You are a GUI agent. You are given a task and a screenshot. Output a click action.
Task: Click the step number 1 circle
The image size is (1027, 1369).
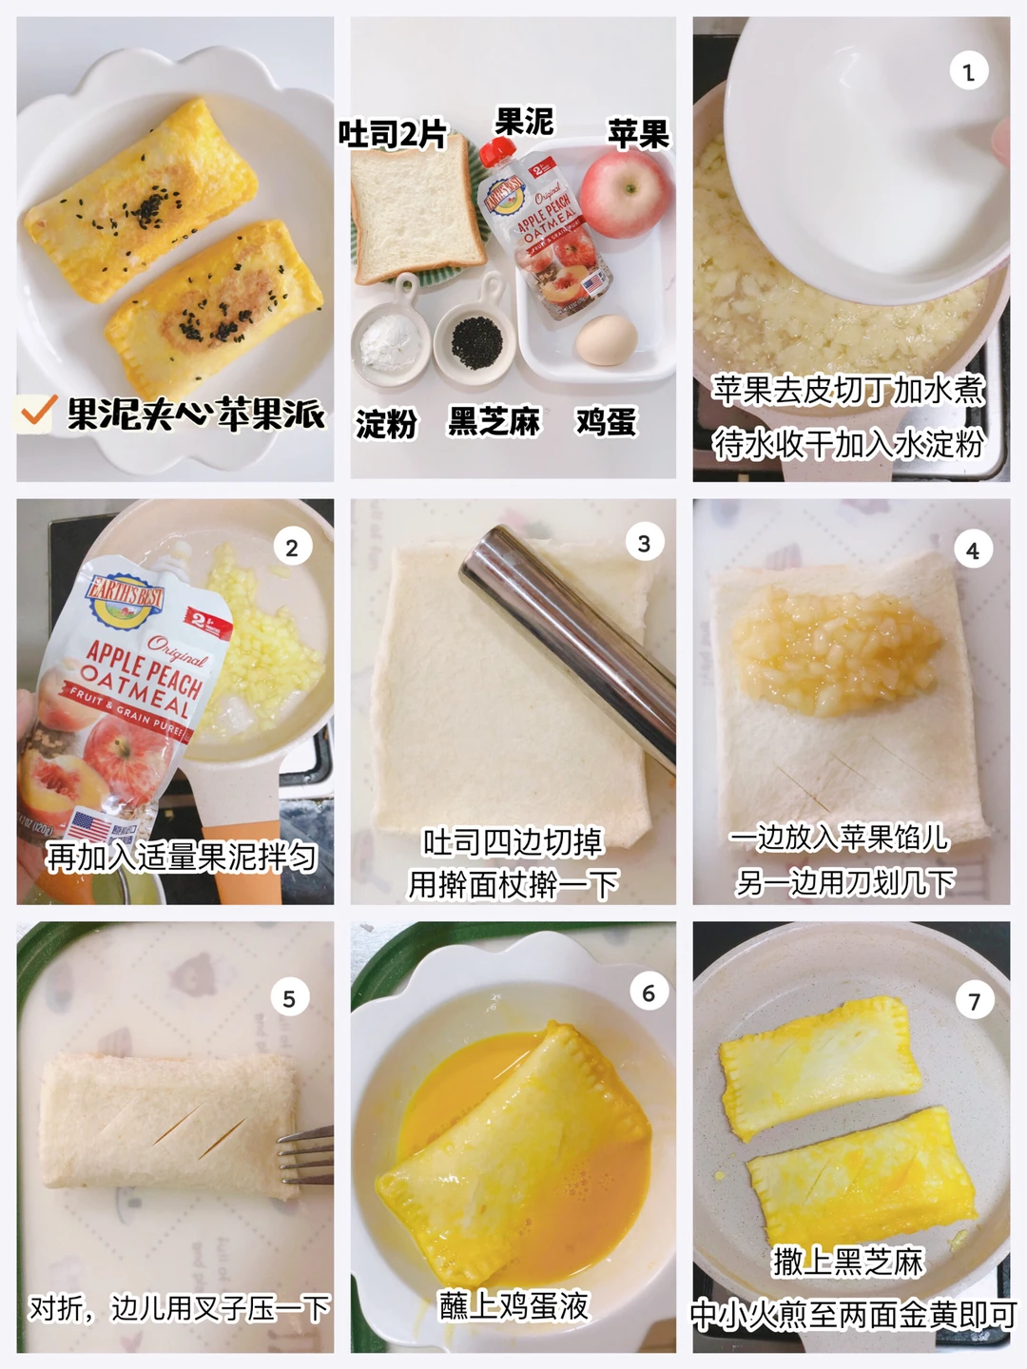pos(968,71)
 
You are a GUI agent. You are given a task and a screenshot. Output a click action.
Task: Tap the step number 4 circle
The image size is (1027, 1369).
pos(973,550)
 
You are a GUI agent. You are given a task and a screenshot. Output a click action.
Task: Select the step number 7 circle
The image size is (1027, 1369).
pos(974,1001)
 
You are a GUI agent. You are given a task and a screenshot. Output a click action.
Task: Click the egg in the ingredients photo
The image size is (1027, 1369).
pos(607,339)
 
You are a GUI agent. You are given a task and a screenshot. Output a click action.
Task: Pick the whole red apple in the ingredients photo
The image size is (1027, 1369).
pos(626,193)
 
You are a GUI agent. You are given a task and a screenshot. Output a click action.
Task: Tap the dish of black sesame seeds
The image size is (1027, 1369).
pos(475,343)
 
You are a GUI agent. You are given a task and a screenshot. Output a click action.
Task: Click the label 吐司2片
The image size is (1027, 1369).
pos(393,133)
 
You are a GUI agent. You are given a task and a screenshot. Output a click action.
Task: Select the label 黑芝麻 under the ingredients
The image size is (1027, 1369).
pos(494,422)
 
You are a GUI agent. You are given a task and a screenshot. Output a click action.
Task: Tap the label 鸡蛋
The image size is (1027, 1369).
pos(606,422)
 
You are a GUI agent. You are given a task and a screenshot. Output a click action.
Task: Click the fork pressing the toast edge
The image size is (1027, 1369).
pos(305,1154)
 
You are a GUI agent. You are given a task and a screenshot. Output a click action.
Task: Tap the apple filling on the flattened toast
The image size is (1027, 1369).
pos(836,652)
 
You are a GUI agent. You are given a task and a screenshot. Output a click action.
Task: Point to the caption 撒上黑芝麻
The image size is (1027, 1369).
pos(847,1261)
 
